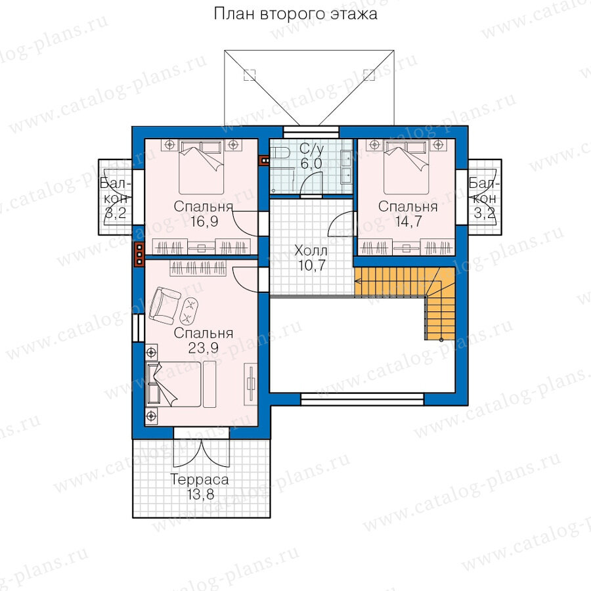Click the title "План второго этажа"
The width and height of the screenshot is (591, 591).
pyautogui.click(x=295, y=14)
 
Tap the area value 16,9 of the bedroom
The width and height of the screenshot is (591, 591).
pyautogui.click(x=204, y=221)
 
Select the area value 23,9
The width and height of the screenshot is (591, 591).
pyautogui.click(x=204, y=348)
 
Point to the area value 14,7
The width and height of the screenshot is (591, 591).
pyautogui.click(x=408, y=221)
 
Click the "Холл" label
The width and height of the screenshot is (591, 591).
pyautogui.click(x=311, y=250)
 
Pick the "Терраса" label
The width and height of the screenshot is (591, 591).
pyautogui.click(x=200, y=479)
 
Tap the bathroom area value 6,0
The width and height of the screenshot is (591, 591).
pyautogui.click(x=311, y=164)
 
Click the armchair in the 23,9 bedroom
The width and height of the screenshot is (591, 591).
pyautogui.click(x=165, y=305)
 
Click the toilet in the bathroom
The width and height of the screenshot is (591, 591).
pyautogui.click(x=282, y=152)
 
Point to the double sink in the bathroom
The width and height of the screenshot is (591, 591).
pyautogui.click(x=346, y=167)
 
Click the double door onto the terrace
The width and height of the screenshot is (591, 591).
pyautogui.click(x=202, y=452)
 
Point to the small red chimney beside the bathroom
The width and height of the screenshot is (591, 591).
pyautogui.click(x=265, y=161)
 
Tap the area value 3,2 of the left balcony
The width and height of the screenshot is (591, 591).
pyautogui.click(x=116, y=213)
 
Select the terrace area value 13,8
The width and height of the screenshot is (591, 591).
pyautogui.click(x=200, y=494)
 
